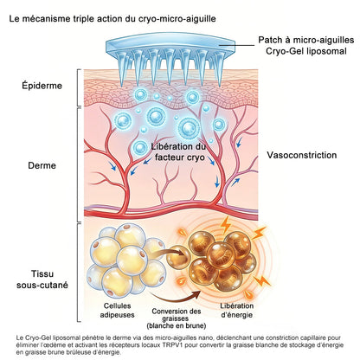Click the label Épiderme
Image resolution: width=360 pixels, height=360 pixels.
(42, 86)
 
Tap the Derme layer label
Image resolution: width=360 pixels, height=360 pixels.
(42, 165)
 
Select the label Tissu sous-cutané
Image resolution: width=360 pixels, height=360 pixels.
(42, 280)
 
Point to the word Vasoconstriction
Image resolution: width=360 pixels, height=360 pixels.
(301, 155)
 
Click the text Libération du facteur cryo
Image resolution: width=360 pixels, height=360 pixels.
(178, 151)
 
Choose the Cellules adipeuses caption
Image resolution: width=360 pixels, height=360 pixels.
(117, 310)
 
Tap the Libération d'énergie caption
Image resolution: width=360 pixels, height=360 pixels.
(237, 310)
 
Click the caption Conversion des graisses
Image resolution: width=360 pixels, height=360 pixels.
(177, 315)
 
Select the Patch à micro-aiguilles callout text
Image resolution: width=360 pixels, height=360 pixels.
(306, 40)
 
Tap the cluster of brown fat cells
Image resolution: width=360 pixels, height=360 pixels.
(222, 260)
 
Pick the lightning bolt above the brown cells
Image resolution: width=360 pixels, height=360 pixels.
(225, 224)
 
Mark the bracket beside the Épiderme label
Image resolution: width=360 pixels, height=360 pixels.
(78, 87)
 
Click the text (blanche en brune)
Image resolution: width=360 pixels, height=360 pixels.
(177, 326)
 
